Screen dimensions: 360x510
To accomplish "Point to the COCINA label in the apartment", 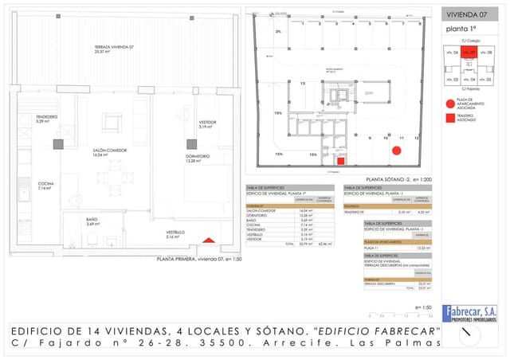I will coord(45,186).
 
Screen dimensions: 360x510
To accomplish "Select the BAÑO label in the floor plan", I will coord(92,221).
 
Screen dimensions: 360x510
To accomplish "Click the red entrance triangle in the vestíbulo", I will coord(208,240).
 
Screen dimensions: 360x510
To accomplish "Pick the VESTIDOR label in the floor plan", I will coord(208,123).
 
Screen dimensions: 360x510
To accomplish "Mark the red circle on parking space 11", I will coord(395,150).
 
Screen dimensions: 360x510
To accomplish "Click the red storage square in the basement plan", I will coord(341,160).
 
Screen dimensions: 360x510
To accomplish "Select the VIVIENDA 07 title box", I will coord(467,14).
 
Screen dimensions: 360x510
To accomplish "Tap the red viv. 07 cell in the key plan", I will coord(468,53).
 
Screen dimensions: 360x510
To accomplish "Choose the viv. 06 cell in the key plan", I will coord(452,53).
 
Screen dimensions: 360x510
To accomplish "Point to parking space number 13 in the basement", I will coord(303,82).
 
